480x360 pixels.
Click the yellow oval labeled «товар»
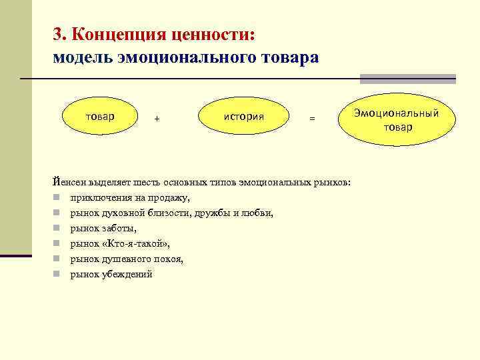[x=100, y=117]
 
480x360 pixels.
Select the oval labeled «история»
[x=244, y=117]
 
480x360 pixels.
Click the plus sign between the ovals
[x=157, y=119]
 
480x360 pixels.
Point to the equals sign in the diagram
[x=311, y=119]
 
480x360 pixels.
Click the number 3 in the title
[x=57, y=34]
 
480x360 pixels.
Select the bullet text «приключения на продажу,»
[x=130, y=197]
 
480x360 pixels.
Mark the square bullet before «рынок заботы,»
[x=59, y=228]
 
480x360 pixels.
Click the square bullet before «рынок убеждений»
[x=59, y=274]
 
